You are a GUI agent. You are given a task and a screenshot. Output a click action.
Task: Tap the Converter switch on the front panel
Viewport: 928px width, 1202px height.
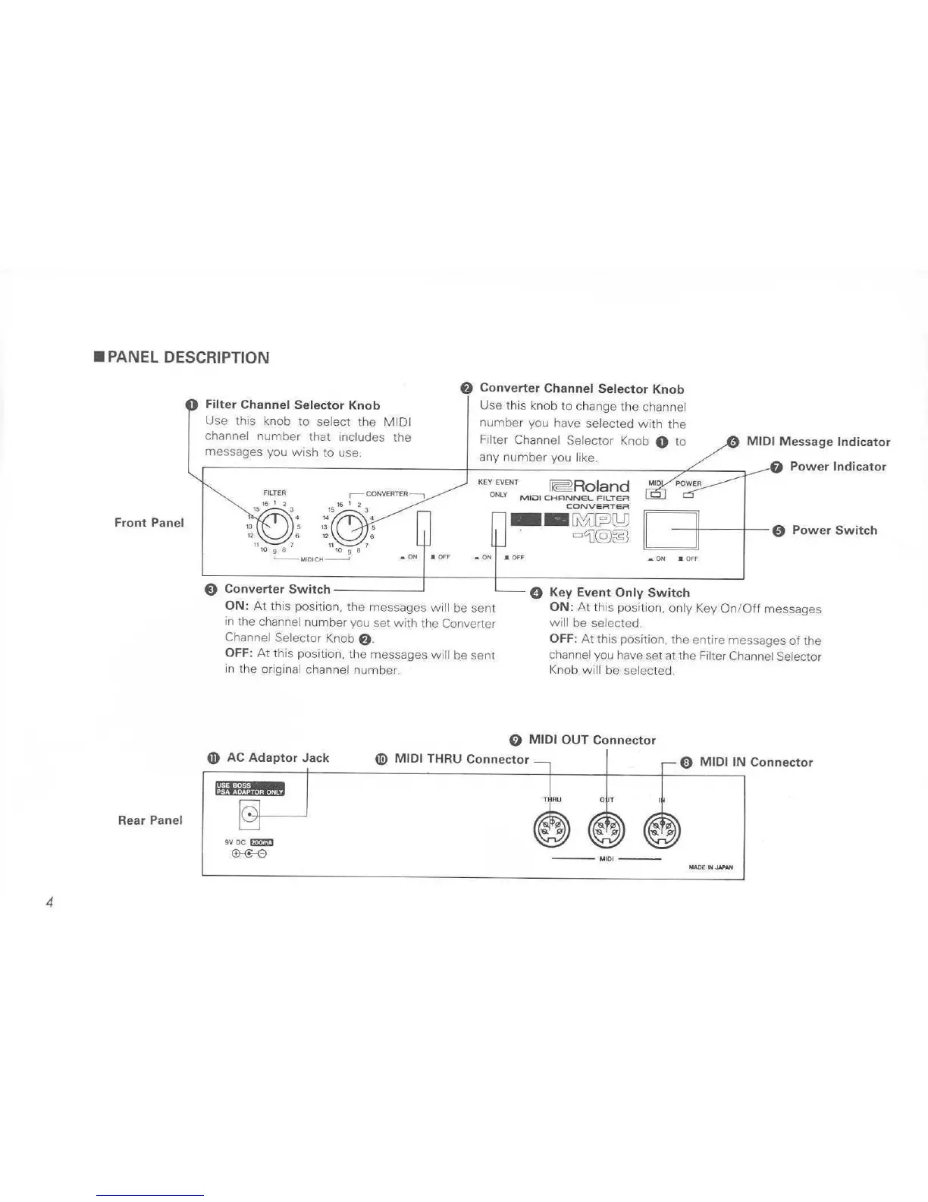tap(424, 528)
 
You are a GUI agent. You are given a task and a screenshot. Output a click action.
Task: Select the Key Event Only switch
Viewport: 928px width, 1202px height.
tap(498, 528)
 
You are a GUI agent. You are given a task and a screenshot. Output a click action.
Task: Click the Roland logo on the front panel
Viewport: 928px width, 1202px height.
tap(590, 486)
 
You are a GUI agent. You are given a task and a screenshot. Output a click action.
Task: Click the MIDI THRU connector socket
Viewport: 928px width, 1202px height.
tap(551, 831)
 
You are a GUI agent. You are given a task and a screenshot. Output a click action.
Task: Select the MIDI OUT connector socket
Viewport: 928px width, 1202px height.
tap(607, 831)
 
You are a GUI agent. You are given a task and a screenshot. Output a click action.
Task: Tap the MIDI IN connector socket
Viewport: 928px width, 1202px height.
tap(662, 831)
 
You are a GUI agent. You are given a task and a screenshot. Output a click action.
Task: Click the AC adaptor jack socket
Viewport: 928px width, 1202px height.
tap(249, 817)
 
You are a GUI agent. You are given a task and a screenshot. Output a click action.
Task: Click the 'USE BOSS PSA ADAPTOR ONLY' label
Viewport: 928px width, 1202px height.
tap(249, 788)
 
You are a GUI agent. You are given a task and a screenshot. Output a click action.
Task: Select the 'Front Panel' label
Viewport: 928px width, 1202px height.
tap(149, 523)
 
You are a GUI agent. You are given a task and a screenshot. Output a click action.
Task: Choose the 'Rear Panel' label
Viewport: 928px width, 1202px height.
tap(150, 820)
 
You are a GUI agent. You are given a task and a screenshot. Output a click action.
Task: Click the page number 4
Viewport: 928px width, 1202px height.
tap(49, 902)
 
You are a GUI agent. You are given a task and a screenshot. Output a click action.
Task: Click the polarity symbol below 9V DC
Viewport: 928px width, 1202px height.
tap(249, 854)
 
